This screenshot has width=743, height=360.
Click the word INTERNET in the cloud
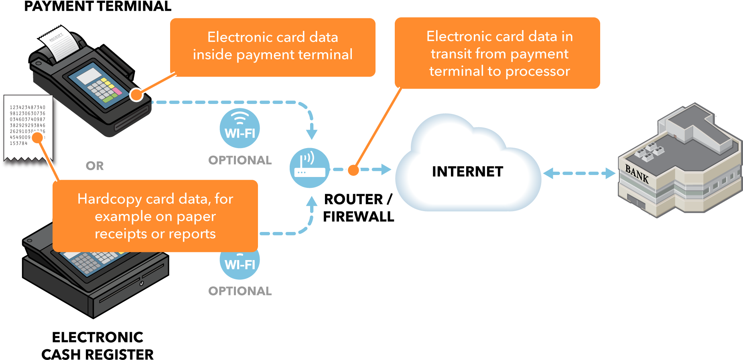pyautogui.click(x=467, y=172)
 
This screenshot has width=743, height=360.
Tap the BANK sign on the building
pyautogui.click(x=637, y=174)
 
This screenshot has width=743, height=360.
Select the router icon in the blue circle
pyautogui.click(x=310, y=168)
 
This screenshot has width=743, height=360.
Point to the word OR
pyautogui.click(x=95, y=166)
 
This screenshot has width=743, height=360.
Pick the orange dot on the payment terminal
pyautogui.click(x=136, y=95)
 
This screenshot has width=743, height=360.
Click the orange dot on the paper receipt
pyautogui.click(x=37, y=138)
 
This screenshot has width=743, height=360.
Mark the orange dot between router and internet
pyautogui.click(x=353, y=170)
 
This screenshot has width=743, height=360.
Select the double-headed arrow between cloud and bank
pyautogui.click(x=579, y=173)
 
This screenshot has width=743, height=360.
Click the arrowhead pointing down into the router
pyautogui.click(x=312, y=134)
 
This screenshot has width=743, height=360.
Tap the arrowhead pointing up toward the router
pyautogui.click(x=312, y=201)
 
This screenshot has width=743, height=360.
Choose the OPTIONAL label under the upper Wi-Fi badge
pyautogui.click(x=240, y=160)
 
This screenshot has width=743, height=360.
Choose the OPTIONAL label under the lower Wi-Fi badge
pyautogui.click(x=240, y=291)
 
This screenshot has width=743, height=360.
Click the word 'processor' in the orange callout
pyautogui.click(x=538, y=71)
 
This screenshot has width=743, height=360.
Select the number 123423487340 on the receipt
pyautogui.click(x=28, y=108)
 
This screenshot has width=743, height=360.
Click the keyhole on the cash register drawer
pyautogui.click(x=142, y=284)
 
